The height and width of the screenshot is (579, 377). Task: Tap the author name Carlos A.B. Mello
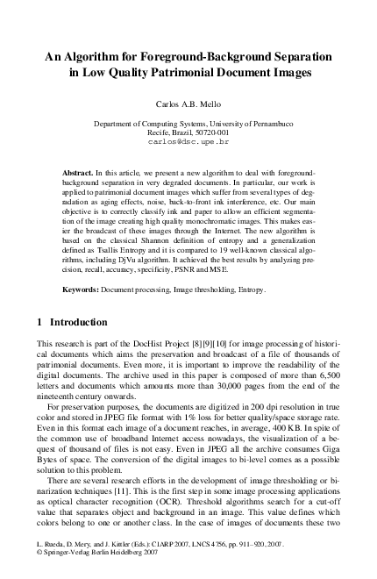[x=188, y=104]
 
